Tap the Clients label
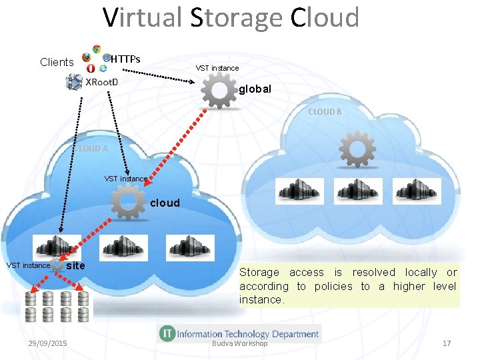click(57, 62)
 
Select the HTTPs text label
click(125, 59)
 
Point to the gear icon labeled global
click(219, 89)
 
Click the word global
click(255, 88)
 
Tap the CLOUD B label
click(325, 112)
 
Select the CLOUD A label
click(90, 149)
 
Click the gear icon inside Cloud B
click(357, 149)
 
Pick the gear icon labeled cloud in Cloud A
click(128, 201)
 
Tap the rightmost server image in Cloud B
click(417, 191)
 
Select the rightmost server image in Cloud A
click(190, 247)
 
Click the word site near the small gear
click(77, 265)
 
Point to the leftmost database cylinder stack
click(31, 306)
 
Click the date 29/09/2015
click(47, 343)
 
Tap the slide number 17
click(447, 343)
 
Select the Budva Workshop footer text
click(239, 343)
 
